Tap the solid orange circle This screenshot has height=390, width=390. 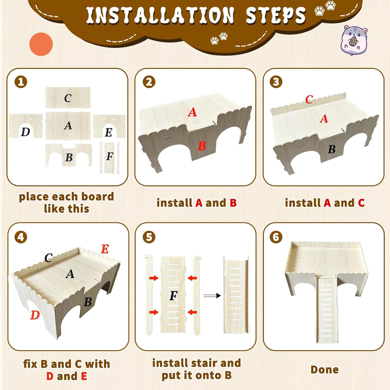tap(41, 44)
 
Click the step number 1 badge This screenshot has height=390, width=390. tap(21, 82)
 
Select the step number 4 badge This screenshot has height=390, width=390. tap(21, 237)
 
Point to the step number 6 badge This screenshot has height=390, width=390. tap(276, 237)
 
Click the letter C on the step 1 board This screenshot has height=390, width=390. tap(68, 98)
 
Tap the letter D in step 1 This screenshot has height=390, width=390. tap(25, 132)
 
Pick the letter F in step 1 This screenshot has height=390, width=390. tap(110, 156)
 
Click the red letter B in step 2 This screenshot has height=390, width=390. tap(202, 146)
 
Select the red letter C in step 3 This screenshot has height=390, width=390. tap(309, 99)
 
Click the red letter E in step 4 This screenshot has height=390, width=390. tap(105, 249)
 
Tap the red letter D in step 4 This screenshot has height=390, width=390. tap(35, 315)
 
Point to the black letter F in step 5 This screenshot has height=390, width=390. tap(173, 296)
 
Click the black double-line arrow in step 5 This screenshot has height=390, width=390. tap(212, 295)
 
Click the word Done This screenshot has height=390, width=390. tap(324, 370)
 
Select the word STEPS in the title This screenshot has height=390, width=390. tap(276, 15)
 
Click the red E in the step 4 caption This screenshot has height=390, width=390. tap(84, 376)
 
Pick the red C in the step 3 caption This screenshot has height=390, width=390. tap(361, 203)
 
